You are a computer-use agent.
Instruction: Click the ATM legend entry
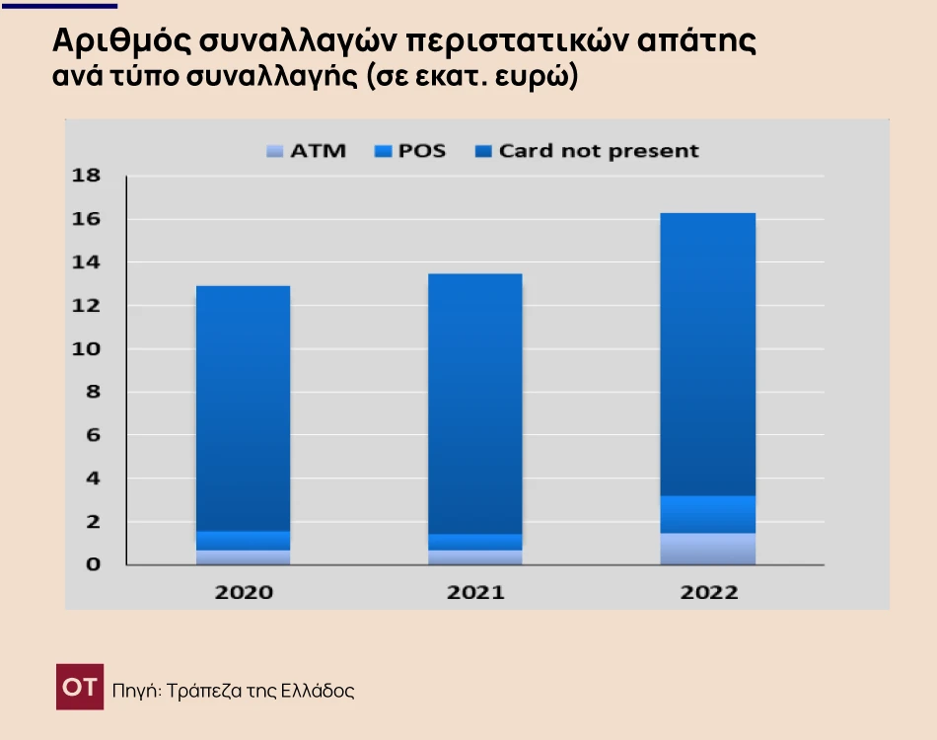point(307,151)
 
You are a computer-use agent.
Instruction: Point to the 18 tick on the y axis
point(87,176)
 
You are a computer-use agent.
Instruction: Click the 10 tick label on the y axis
point(87,349)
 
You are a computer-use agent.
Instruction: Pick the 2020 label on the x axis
point(244,593)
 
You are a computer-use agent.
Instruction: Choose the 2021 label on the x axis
point(475,593)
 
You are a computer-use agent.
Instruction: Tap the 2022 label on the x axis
point(708,593)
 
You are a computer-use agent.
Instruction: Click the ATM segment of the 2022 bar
point(708,549)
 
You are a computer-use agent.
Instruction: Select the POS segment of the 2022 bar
point(708,514)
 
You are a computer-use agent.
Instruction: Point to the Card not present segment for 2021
point(475,404)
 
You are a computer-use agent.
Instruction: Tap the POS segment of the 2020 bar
point(244,541)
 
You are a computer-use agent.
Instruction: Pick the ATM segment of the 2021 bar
point(475,557)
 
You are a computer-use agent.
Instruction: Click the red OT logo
point(80,687)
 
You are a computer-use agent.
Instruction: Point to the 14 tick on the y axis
point(87,262)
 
